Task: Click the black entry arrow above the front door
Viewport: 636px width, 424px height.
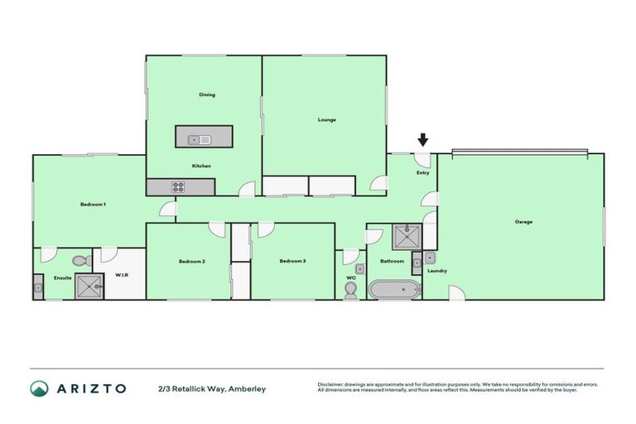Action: coord(423,140)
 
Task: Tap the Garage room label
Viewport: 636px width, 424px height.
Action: coord(523,222)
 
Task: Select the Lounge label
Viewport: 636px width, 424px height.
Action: coord(327,120)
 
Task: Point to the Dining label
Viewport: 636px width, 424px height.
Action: coord(207,94)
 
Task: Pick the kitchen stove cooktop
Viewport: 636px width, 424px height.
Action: coord(177,187)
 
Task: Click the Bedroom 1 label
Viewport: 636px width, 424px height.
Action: coord(93,204)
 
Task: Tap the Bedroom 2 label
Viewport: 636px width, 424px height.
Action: coord(191,262)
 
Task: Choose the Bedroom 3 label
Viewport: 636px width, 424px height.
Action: coord(292,262)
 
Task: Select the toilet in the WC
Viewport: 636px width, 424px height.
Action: coord(350,289)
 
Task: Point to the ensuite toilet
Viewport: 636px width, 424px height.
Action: coord(80,261)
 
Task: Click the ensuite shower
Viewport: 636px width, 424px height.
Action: coord(89,287)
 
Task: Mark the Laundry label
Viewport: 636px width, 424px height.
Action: coord(437,271)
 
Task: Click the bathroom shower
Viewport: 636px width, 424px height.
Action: coord(407,238)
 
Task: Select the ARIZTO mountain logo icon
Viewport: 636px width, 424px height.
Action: coord(39,388)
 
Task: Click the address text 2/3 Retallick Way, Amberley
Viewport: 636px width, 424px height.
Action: coord(212,388)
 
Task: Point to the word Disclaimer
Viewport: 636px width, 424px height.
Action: coord(332,384)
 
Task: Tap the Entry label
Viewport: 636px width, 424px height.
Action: coord(423,173)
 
